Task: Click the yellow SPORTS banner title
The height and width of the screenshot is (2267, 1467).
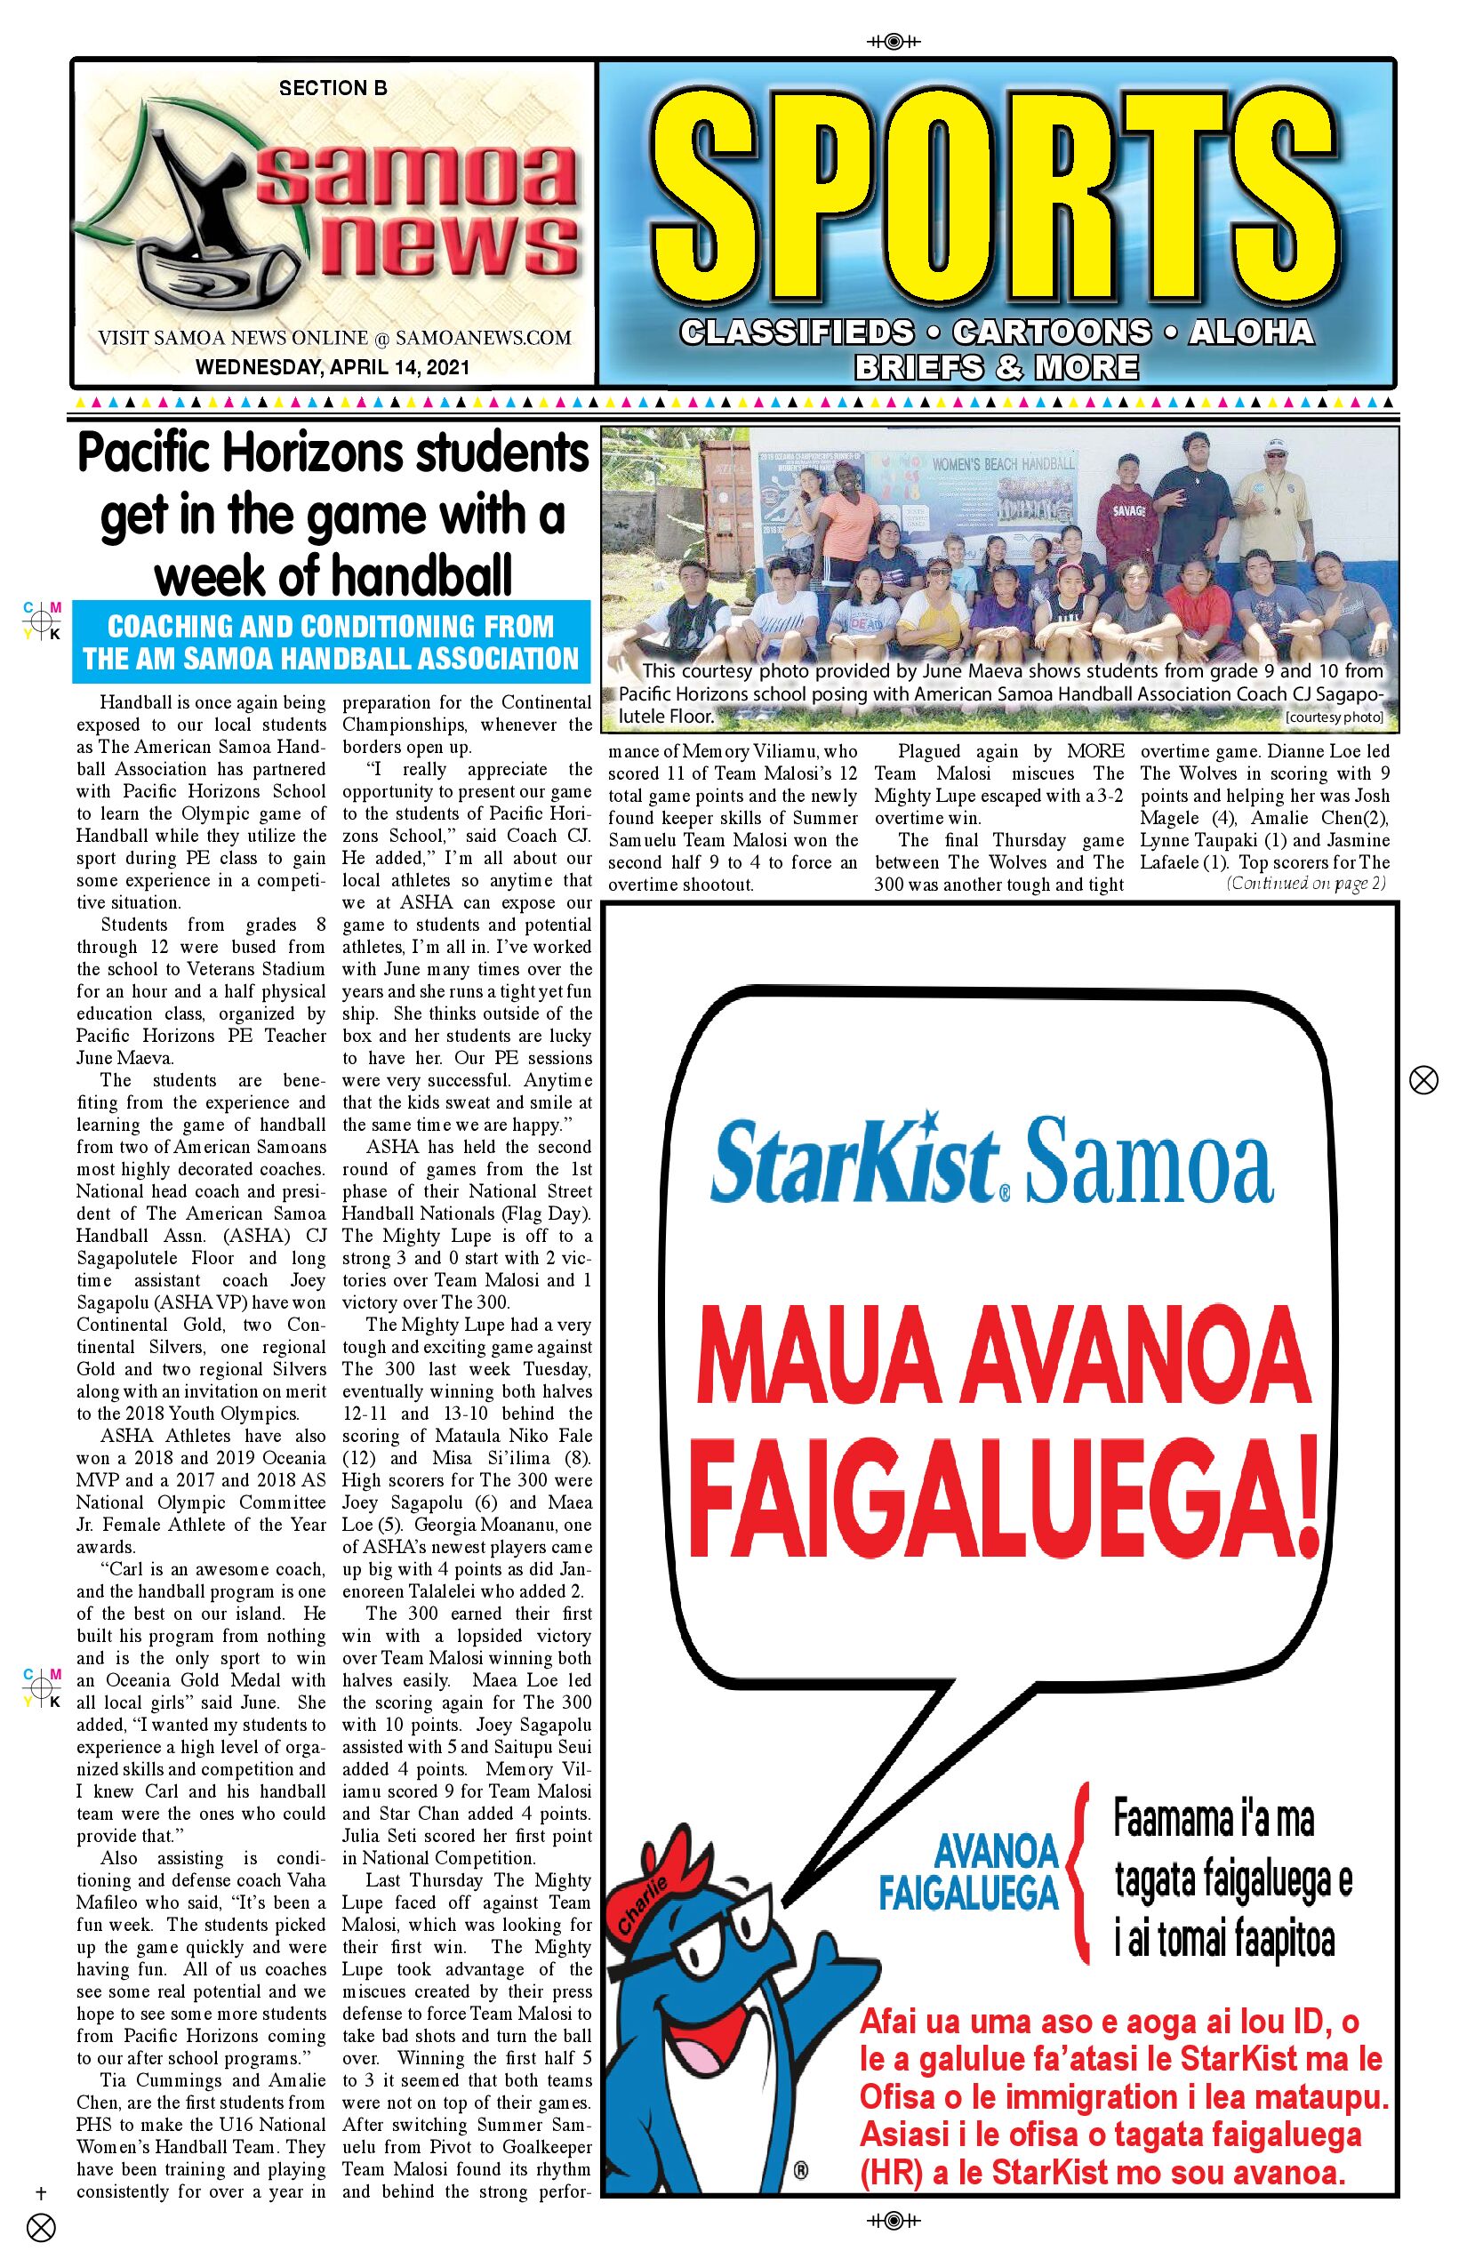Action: pyautogui.click(x=996, y=197)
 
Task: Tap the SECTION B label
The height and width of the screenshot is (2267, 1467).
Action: pyautogui.click(x=333, y=88)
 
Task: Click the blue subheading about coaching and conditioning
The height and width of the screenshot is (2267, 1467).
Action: pyautogui.click(x=332, y=642)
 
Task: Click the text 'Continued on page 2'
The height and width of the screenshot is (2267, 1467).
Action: pyautogui.click(x=1305, y=883)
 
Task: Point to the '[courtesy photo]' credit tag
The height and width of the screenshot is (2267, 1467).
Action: pyautogui.click(x=1334, y=717)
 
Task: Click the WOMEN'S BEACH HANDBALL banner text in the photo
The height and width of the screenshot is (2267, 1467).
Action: pyautogui.click(x=1003, y=463)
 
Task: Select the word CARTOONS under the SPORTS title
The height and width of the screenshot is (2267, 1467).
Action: pyautogui.click(x=1051, y=332)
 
